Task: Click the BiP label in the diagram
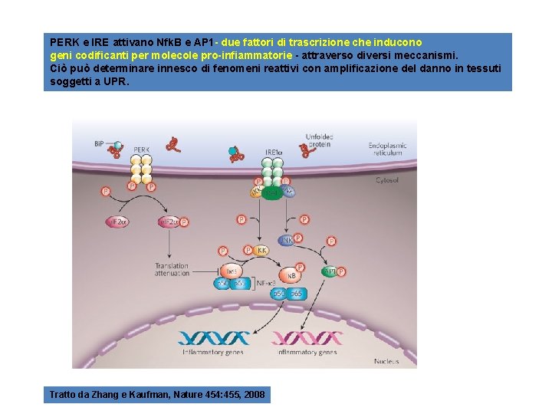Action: coord(97,143)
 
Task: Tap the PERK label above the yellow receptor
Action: coord(142,149)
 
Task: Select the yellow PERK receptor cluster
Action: coord(141,169)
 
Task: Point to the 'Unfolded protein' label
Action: coord(319,140)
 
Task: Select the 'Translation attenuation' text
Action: coord(172,270)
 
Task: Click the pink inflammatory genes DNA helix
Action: coord(307,337)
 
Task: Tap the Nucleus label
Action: coord(386,360)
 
